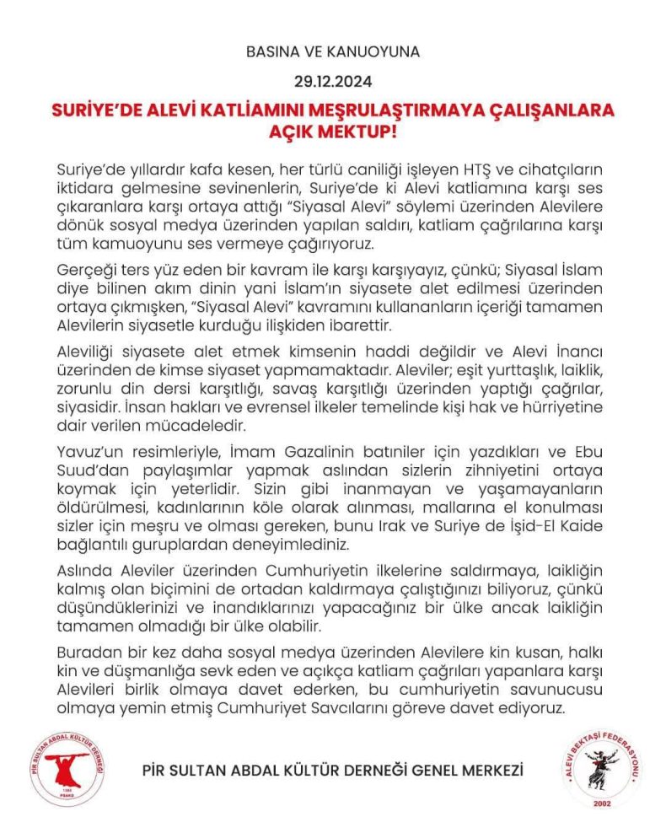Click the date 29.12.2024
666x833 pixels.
click(x=332, y=83)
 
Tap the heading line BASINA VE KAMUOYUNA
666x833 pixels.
click(x=332, y=51)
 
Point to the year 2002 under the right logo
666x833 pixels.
click(x=602, y=803)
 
